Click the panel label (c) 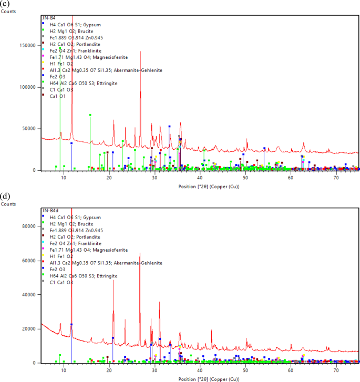coord(4,4)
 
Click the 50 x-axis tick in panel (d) coord(245,371)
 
